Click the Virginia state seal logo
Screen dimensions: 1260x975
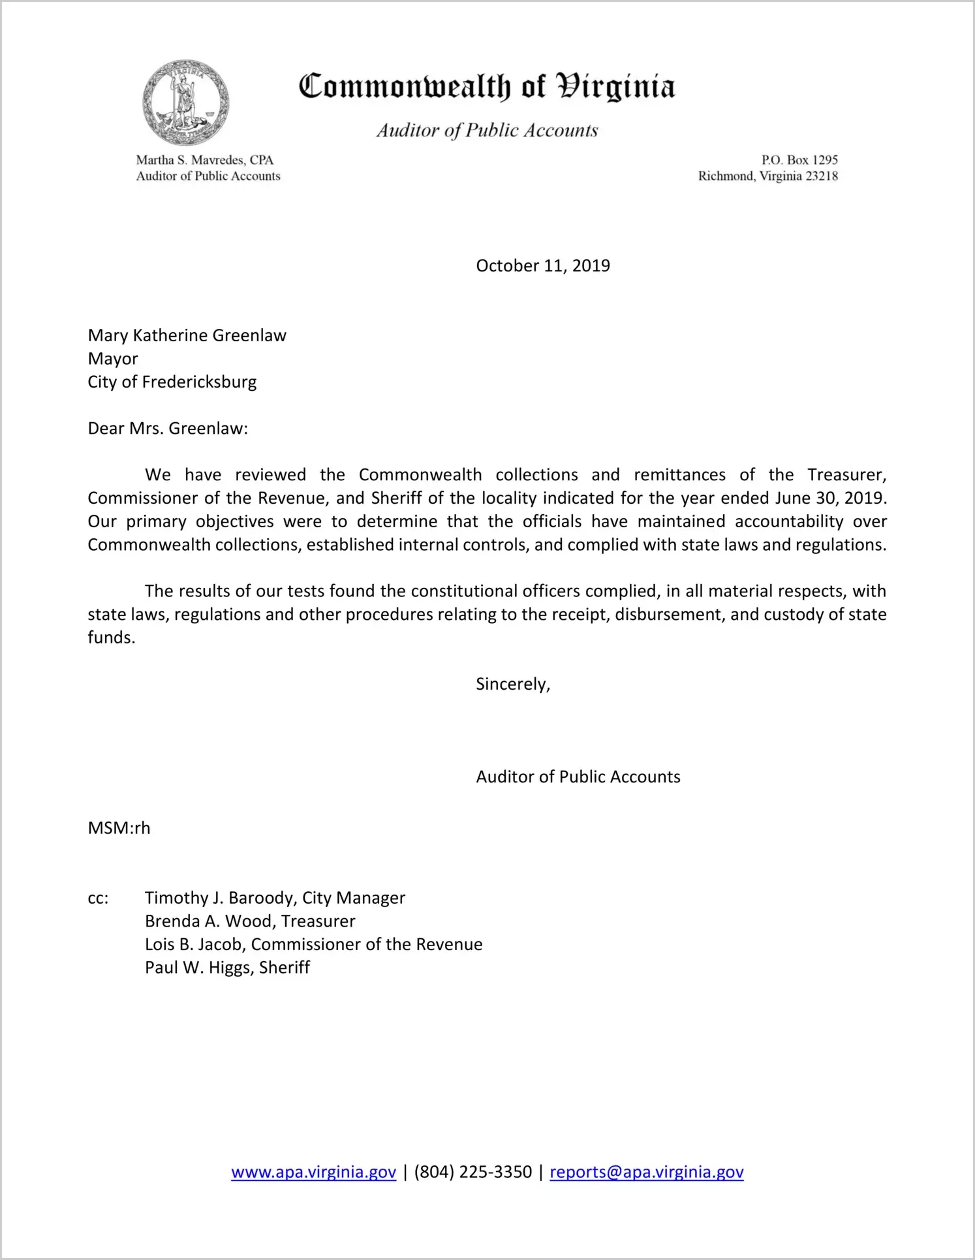[186, 102]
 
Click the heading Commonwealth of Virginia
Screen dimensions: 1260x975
[487, 86]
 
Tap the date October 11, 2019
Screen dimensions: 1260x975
[542, 266]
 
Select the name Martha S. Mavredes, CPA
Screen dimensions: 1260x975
[204, 160]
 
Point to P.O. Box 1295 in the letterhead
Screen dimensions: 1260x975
[799, 160]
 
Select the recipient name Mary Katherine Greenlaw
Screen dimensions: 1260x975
[187, 335]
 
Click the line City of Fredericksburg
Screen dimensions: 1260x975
[172, 382]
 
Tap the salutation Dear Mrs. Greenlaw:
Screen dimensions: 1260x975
[168, 429]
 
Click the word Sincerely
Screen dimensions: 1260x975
[512, 684]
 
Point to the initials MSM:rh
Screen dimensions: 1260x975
[119, 828]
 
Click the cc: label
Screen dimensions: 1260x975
[98, 898]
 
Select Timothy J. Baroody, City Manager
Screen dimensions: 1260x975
[275, 898]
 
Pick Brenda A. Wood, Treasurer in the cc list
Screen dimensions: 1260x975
[250, 921]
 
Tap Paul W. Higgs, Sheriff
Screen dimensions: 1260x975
[227, 967]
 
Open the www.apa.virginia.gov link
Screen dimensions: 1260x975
[313, 1172]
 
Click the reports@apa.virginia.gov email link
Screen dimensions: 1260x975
[646, 1172]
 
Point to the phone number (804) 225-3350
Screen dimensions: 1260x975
[472, 1172]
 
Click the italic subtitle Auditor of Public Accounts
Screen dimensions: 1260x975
[487, 131]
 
